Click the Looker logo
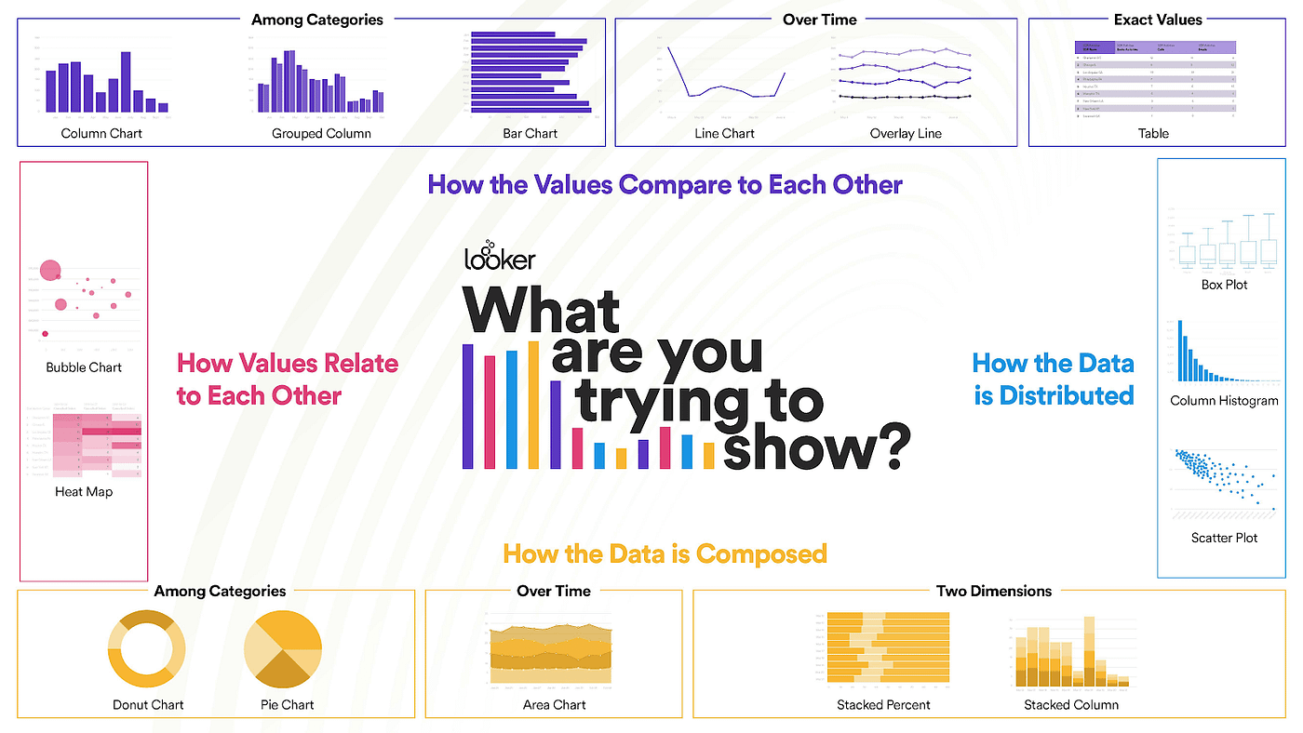click(x=500, y=255)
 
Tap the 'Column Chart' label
click(x=101, y=133)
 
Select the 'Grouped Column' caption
click(x=321, y=133)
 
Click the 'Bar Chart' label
click(x=530, y=133)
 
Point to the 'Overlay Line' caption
click(x=906, y=133)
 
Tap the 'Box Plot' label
click(x=1224, y=285)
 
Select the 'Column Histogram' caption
click(x=1224, y=401)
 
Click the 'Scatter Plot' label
click(x=1224, y=538)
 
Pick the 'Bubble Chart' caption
click(x=84, y=367)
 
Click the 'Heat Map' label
click(x=84, y=491)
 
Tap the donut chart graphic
click(x=147, y=648)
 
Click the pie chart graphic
click(x=283, y=648)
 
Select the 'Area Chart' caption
click(x=554, y=705)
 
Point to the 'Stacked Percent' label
click(x=883, y=705)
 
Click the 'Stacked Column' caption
click(x=1071, y=705)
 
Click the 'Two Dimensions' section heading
click(x=994, y=591)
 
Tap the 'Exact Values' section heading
click(x=1158, y=20)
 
